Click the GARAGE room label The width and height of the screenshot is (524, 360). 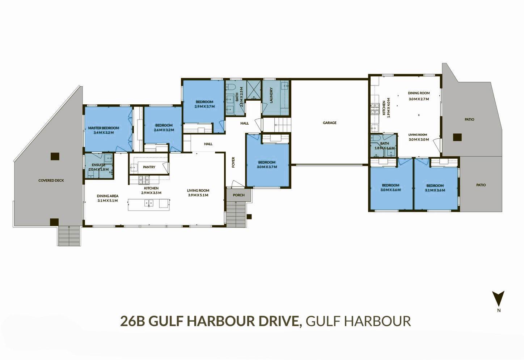point(330,123)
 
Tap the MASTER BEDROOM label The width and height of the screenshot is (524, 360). point(103,128)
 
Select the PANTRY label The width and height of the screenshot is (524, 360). point(149,167)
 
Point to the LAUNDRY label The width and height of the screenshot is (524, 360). point(271,95)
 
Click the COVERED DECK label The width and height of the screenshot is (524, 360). point(51,180)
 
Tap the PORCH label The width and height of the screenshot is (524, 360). point(238,195)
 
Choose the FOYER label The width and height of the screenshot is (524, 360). point(233,162)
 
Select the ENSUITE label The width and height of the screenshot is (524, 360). point(98,165)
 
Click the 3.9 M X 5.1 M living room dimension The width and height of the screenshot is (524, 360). point(198,195)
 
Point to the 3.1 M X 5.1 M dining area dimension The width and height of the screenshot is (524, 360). point(107,201)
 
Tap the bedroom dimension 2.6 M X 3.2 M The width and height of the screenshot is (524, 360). point(164,130)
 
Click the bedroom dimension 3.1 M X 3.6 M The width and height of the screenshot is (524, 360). point(435,190)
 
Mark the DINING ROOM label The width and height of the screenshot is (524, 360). point(419,93)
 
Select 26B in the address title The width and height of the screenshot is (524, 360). point(133,321)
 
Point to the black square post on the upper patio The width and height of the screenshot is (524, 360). point(457,137)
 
